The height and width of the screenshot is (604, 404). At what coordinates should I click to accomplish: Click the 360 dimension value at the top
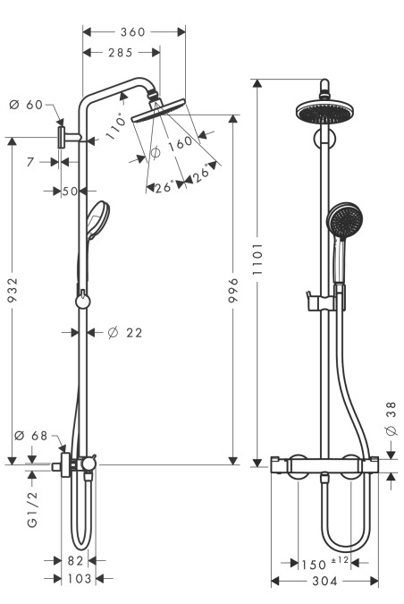point(133,31)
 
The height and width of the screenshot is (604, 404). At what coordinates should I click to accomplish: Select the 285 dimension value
point(121,53)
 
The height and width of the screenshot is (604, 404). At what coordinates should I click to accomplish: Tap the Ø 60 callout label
point(26,105)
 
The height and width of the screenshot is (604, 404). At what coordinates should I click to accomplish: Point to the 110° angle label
point(116,126)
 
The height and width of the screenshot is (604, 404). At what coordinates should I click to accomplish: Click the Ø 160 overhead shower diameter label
point(172,147)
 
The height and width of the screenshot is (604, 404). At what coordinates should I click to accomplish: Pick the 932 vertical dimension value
point(13,289)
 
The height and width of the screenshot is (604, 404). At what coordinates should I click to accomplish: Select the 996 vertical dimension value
point(233,290)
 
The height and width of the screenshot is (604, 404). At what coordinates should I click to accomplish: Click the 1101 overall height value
point(257,259)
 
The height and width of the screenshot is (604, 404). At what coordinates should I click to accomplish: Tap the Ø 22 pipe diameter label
point(125,333)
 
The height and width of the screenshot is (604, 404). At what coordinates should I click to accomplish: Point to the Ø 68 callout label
point(30,436)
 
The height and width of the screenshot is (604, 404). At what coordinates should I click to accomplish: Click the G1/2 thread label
point(33,509)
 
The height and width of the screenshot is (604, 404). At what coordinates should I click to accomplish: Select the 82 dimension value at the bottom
point(75,561)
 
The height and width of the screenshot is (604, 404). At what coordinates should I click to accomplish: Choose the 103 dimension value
point(80,579)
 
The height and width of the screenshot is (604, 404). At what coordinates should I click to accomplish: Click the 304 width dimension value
point(324,581)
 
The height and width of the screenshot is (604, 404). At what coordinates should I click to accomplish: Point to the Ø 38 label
point(391,419)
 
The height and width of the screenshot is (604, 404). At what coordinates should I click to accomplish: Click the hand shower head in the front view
point(345,218)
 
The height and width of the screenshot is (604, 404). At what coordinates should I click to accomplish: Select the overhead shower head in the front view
point(325,111)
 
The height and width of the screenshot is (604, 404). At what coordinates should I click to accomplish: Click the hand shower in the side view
point(97,219)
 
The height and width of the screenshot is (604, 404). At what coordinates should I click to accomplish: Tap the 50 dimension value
point(70,191)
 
